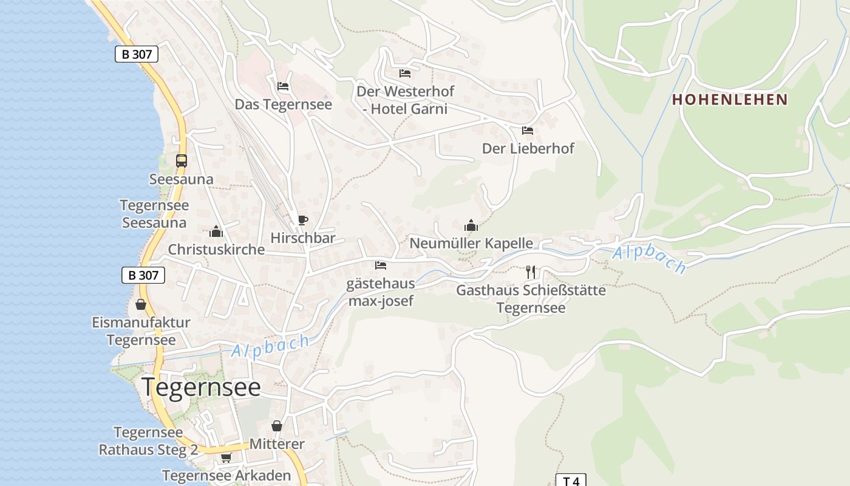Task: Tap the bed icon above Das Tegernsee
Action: coord(283,86)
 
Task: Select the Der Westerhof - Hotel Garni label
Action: coord(405,100)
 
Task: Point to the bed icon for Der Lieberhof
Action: coord(528,131)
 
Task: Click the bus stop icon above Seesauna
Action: coord(182,161)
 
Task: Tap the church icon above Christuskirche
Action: coord(216,231)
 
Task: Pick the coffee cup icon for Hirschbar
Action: coord(302,220)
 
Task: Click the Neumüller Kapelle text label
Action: coord(471,244)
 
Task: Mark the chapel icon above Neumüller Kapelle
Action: coord(471,226)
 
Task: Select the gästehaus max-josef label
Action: coord(381,292)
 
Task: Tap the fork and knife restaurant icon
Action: coord(531,272)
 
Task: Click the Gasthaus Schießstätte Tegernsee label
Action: coord(531,299)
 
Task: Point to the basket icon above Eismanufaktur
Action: coord(141,304)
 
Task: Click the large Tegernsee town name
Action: coord(201,387)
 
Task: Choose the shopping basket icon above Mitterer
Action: coord(277,426)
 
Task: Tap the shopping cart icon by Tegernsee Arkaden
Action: coord(226,457)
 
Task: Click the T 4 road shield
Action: coord(571,481)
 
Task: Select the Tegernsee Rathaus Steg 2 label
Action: coord(148,441)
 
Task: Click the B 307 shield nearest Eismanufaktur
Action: coord(143,275)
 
